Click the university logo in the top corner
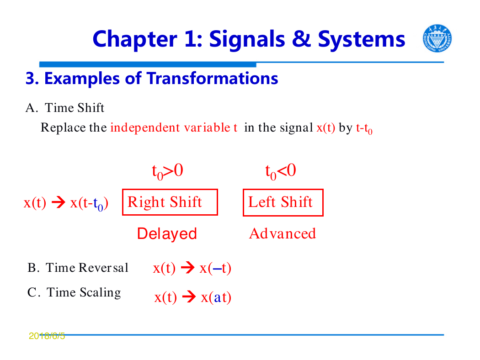[437, 38]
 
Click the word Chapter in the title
[135, 39]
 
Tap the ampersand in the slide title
[302, 39]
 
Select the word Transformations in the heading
[213, 78]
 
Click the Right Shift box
[170, 202]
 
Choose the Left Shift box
[283, 202]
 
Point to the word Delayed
[167, 233]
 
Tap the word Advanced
[283, 233]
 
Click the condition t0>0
[167, 171]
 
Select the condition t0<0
[280, 171]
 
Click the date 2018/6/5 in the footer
[47, 336]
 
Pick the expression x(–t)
[215, 268]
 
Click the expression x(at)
[216, 297]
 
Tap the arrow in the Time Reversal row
[187, 268]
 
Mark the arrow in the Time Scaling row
[189, 296]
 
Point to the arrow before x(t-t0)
[59, 202]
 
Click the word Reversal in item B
[103, 268]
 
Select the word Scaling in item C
[100, 293]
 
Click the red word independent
[145, 127]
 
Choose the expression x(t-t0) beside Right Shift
[89, 203]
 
